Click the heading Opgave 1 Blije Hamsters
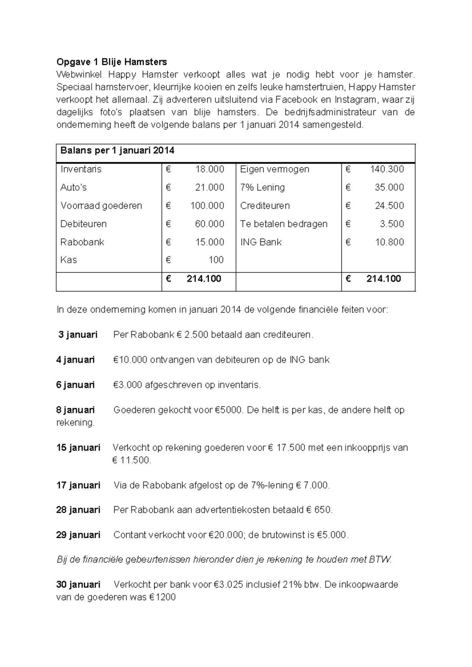point(112,62)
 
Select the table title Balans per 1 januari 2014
point(117,151)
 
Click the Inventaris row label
point(81,169)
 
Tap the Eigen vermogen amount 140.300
point(387,169)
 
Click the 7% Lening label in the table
point(262,187)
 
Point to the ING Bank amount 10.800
point(389,242)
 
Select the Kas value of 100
point(216,260)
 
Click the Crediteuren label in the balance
point(265,206)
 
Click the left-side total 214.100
point(204,279)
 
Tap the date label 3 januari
point(77,335)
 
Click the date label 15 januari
point(78,448)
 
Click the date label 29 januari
point(78,535)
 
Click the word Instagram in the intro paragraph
point(355,99)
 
